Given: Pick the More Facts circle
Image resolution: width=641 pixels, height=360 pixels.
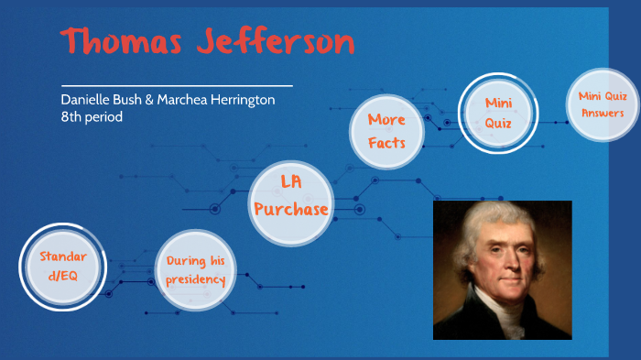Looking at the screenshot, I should click(x=386, y=131).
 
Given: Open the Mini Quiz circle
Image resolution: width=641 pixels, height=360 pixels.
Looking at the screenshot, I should click(x=497, y=112).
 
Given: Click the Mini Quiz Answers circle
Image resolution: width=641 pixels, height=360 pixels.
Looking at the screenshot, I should click(x=602, y=104).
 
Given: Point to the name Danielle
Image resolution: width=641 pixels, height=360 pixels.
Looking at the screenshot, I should click(x=84, y=100).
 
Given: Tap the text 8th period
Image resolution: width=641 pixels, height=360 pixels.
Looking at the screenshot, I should click(x=92, y=116).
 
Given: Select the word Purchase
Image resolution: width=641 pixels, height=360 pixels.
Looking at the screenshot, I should click(x=291, y=210).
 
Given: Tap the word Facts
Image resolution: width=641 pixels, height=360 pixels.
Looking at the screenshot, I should click(x=386, y=142).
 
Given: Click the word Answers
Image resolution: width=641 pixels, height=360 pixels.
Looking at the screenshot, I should click(x=603, y=114).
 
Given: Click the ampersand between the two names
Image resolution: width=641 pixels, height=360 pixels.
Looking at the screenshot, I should click(x=149, y=100).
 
